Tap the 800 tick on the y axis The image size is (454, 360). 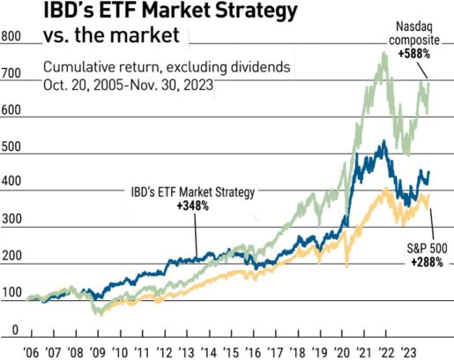coord(11,38)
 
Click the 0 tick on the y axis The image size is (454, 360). coord(14,330)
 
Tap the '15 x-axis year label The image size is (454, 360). coord(231,349)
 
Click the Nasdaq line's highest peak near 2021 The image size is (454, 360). coord(384,53)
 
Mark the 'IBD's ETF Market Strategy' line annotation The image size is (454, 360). coord(187,191)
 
